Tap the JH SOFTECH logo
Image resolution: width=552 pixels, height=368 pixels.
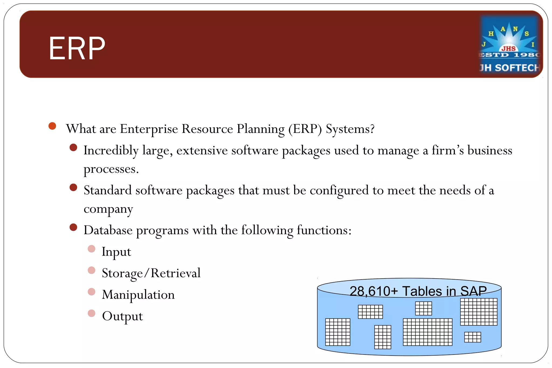click(510, 45)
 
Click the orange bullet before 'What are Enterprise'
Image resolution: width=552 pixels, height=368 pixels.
click(52, 126)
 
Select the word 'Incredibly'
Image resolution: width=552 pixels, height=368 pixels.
click(111, 150)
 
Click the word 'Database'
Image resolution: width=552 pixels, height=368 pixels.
click(108, 230)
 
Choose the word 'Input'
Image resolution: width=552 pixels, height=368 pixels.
click(116, 252)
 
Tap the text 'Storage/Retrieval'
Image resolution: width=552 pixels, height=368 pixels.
click(151, 273)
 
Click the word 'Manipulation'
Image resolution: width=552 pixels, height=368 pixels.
click(138, 295)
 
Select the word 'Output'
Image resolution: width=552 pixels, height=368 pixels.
click(122, 316)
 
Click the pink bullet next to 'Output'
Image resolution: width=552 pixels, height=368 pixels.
click(92, 313)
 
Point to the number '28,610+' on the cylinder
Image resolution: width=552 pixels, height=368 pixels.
click(374, 291)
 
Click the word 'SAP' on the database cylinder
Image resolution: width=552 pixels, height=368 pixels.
click(473, 291)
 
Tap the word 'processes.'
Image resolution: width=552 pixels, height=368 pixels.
click(111, 169)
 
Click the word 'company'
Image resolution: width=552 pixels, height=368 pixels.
click(108, 209)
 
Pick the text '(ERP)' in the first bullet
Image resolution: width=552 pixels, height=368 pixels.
click(305, 129)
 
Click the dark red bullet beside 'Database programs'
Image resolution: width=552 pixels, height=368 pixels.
click(73, 227)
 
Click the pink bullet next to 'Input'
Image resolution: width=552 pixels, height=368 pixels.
click(92, 249)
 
